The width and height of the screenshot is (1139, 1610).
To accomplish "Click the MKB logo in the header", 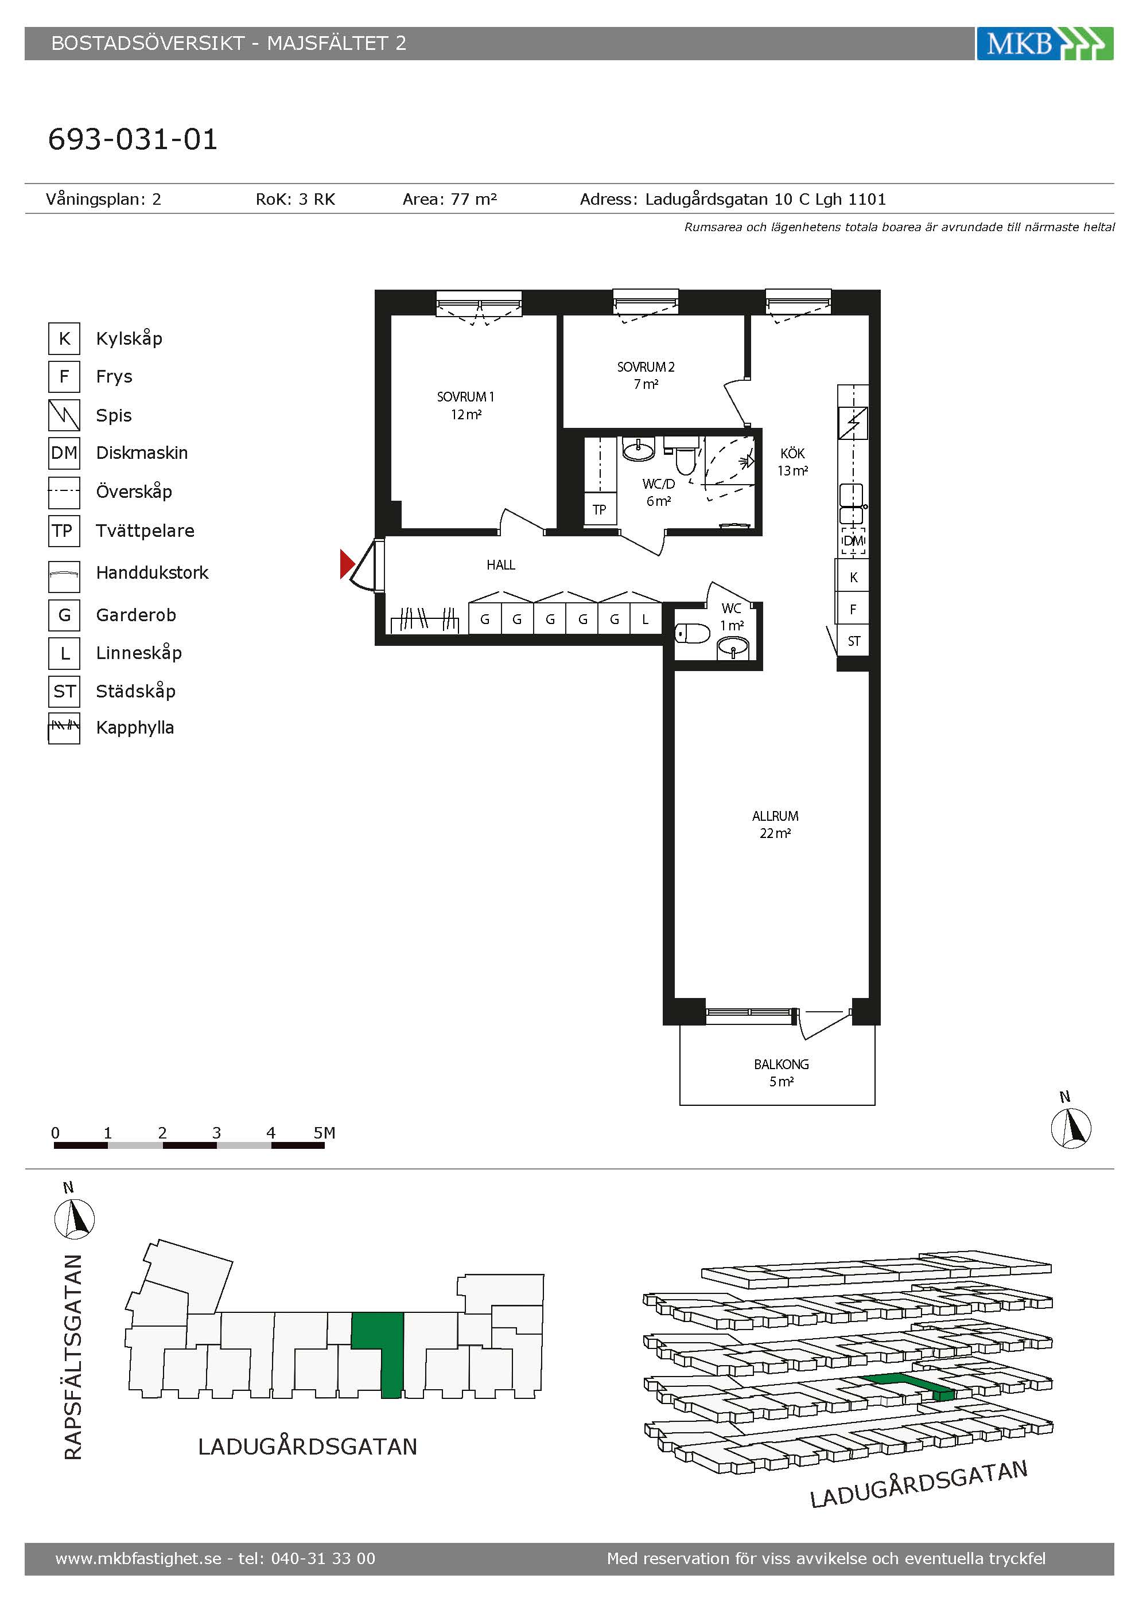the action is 1044,44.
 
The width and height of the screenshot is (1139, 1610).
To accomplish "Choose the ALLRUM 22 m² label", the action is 775,825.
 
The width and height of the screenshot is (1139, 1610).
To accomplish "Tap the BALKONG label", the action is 782,1065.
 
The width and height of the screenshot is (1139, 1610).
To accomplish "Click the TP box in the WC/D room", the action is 600,509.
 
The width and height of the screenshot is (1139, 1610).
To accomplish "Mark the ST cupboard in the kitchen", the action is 854,641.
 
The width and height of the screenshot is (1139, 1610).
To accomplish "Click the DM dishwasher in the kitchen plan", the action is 854,541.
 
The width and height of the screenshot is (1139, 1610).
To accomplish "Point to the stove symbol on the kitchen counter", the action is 853,423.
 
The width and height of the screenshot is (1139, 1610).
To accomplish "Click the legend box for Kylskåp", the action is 64,338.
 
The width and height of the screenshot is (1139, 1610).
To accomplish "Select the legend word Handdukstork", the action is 152,573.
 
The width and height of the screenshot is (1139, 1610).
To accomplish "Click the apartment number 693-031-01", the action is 133,139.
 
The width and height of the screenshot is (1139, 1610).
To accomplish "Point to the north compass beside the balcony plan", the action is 1071,1128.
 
